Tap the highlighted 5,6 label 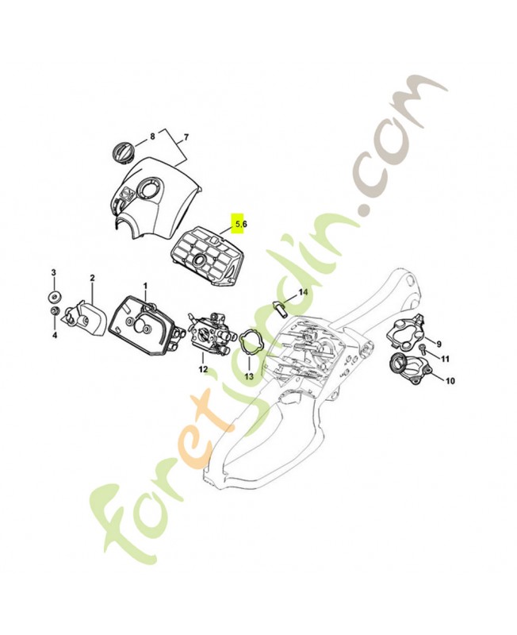coord(239,225)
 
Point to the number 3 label coord(54,273)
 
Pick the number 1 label coord(145,285)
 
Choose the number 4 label coord(54,335)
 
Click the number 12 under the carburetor coord(203,369)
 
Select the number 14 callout coord(302,292)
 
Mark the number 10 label coord(450,381)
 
